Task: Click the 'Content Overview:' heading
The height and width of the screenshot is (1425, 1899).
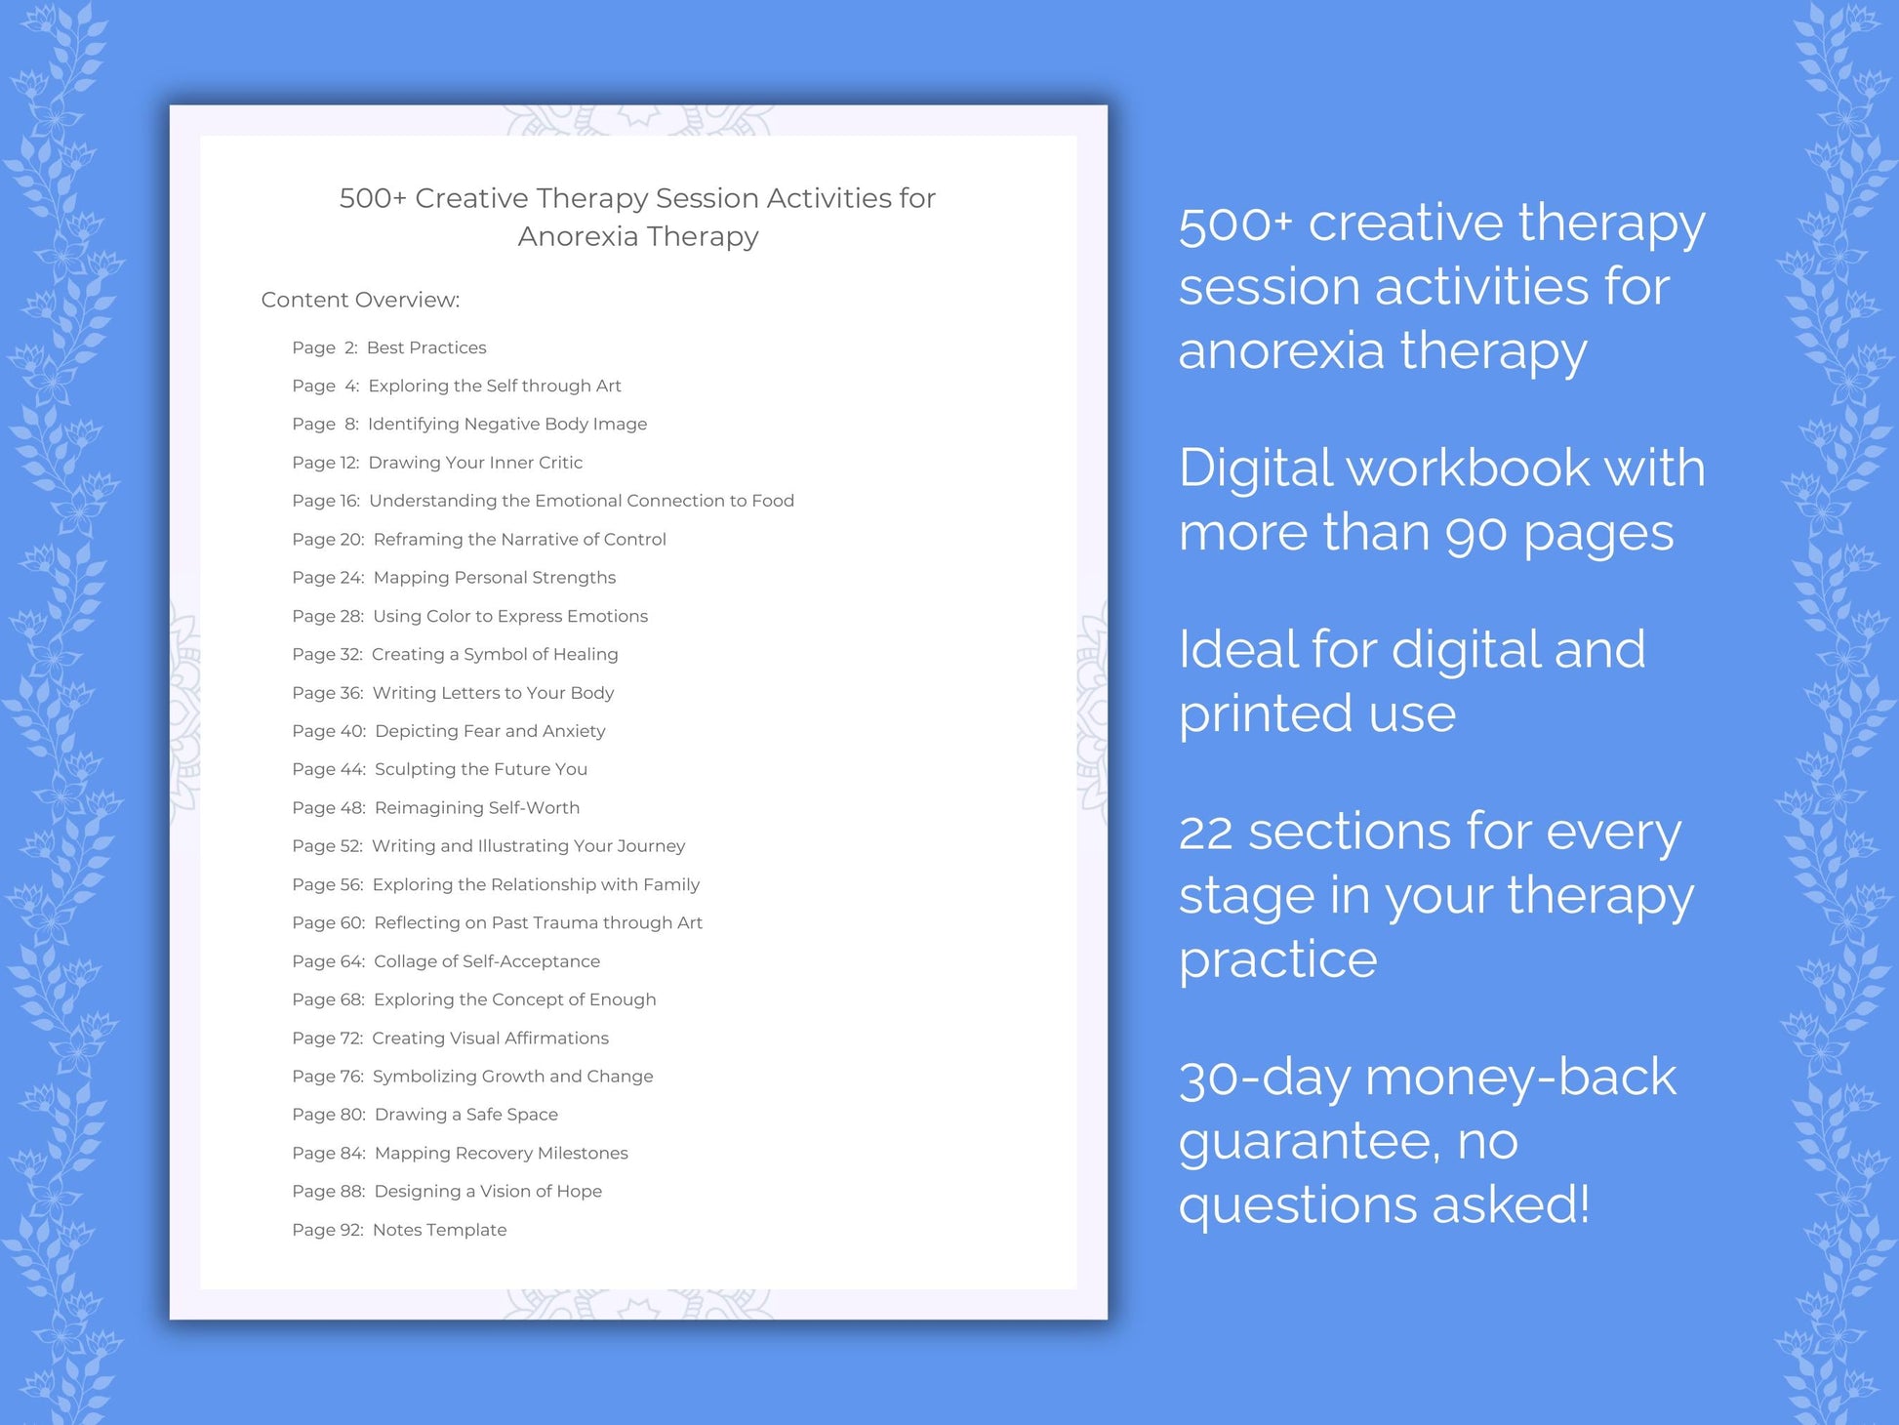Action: [x=360, y=300]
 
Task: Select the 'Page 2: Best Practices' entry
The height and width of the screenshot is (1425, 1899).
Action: [x=388, y=347]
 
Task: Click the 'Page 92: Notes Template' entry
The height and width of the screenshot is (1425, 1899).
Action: [x=399, y=1230]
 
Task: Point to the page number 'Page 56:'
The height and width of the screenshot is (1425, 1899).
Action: [x=327, y=884]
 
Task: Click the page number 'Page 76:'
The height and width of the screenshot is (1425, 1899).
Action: [x=327, y=1077]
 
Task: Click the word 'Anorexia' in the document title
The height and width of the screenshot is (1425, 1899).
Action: [x=578, y=236]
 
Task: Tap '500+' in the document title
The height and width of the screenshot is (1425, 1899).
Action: [x=373, y=198]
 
